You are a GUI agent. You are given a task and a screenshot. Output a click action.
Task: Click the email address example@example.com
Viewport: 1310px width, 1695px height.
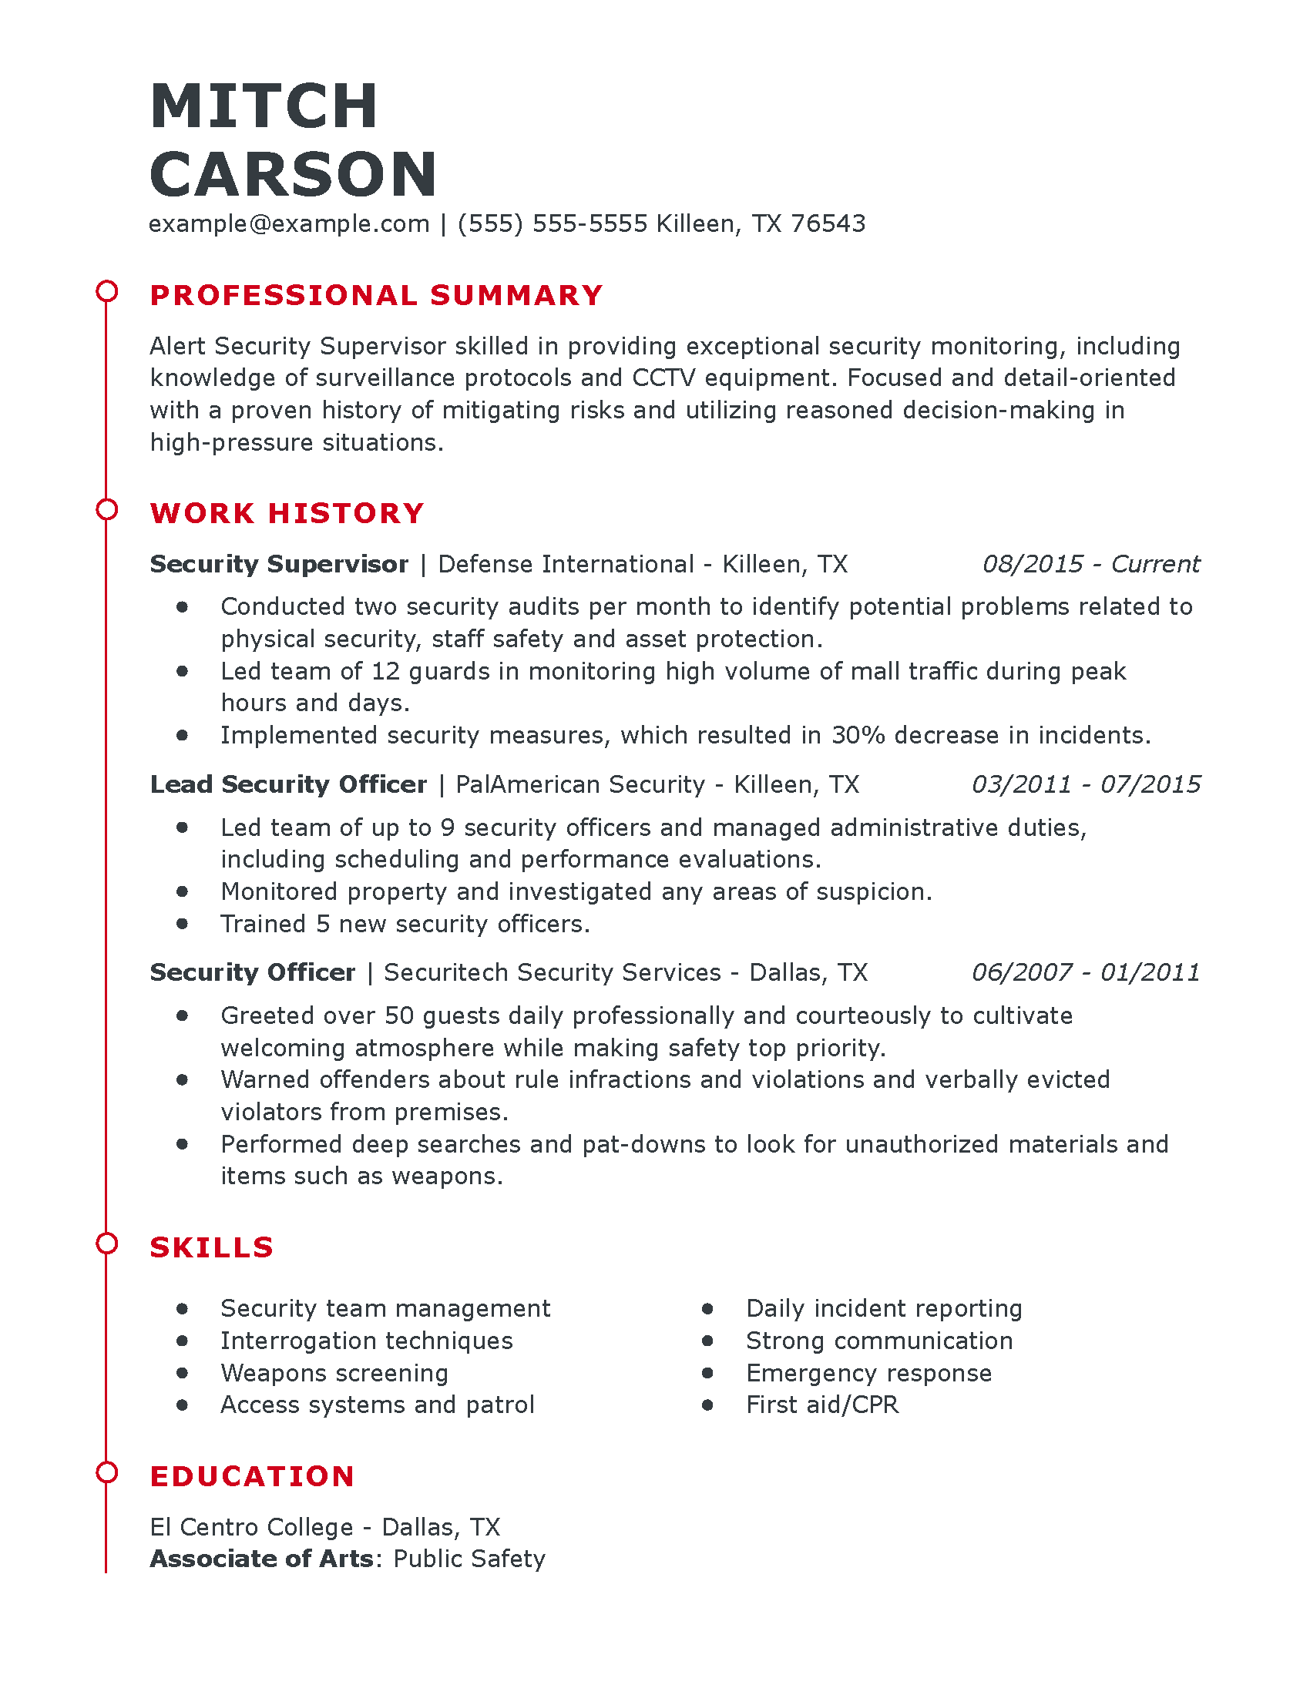pos(289,223)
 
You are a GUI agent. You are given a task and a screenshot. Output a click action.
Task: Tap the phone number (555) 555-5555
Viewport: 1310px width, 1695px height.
pos(552,223)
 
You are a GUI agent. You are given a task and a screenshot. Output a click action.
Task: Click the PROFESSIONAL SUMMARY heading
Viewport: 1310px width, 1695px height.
pos(376,295)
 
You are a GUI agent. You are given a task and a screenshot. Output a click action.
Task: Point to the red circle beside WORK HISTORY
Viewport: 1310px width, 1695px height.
pos(106,510)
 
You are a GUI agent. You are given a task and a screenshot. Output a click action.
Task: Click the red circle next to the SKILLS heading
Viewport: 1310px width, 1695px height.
pos(106,1244)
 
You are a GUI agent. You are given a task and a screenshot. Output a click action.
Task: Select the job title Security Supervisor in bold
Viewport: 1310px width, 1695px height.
pos(279,563)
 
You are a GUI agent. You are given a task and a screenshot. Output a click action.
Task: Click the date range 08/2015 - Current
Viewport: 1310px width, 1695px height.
pos(1090,563)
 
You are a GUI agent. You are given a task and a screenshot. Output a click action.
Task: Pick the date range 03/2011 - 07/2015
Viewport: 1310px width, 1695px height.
pos(1085,784)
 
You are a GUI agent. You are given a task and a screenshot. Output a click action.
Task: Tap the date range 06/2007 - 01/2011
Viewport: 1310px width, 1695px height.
pos(1085,972)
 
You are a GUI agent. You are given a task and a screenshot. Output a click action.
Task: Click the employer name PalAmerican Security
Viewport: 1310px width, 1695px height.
pos(579,784)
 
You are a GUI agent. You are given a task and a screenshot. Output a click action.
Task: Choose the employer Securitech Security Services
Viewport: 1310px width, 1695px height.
pos(553,972)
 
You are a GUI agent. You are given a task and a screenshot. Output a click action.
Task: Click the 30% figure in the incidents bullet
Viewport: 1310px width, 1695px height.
pos(858,735)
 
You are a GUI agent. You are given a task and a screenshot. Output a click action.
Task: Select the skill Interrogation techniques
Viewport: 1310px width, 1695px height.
pos(366,1341)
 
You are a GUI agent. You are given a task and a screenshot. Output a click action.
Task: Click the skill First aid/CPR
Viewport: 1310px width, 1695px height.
pos(822,1405)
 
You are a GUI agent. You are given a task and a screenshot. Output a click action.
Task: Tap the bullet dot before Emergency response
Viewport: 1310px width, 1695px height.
pos(707,1373)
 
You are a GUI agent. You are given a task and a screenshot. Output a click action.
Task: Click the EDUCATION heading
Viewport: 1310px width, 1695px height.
pos(252,1476)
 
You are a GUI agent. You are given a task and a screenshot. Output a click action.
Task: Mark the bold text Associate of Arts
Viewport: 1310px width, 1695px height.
pos(261,1559)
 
